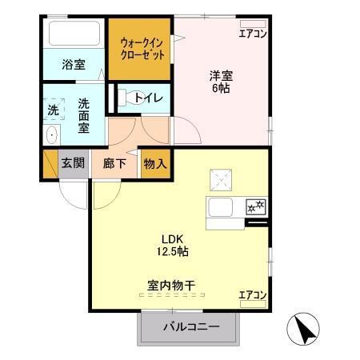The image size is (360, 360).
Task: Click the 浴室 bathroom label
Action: pos(74,65)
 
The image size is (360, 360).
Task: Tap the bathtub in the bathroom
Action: pos(74,34)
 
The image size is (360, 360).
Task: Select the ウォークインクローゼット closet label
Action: pos(142,49)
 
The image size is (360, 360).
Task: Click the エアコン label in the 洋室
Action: pos(253,34)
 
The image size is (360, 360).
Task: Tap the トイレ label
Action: pos(149,98)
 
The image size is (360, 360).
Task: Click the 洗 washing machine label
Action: pos(53,109)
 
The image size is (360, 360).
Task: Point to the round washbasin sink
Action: pos(52,134)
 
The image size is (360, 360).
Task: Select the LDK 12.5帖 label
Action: pos(175,244)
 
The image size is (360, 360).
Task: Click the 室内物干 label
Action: pos(172,284)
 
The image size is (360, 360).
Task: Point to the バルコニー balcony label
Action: pos(191,326)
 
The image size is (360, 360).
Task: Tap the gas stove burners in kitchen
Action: pos(256,206)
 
